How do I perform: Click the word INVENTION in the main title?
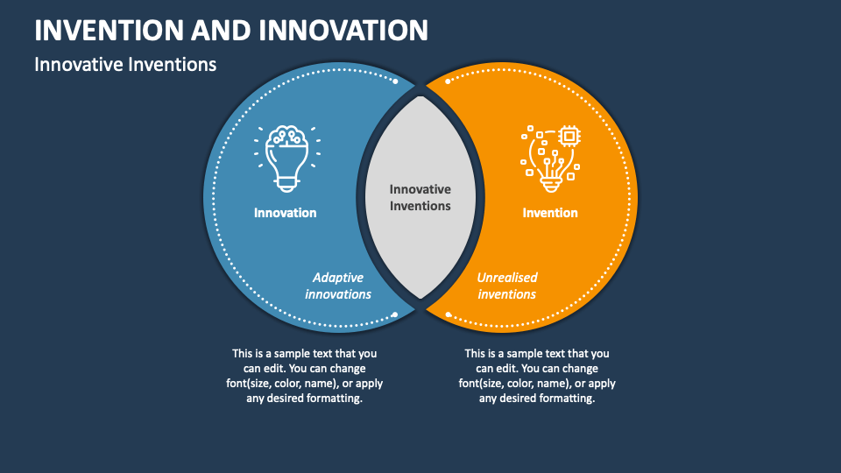(x=110, y=30)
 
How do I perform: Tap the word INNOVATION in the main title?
(x=343, y=30)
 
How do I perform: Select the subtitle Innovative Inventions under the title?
(x=125, y=64)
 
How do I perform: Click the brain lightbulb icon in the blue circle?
(x=287, y=159)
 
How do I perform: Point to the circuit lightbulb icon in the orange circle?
(x=551, y=159)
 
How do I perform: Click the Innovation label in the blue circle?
(x=286, y=213)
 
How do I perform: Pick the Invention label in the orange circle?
(x=550, y=213)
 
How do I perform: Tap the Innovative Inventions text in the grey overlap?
(x=420, y=197)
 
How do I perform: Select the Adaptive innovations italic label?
(x=338, y=286)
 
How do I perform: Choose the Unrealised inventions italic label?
(x=507, y=286)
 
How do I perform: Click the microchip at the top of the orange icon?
(x=569, y=137)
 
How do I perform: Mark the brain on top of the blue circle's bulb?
(x=287, y=137)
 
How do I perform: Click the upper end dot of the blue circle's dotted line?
(x=395, y=81)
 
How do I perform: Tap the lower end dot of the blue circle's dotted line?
(x=395, y=314)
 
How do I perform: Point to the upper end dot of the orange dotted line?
(x=448, y=81)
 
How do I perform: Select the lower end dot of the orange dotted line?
(x=449, y=314)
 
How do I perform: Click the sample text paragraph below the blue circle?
(x=305, y=376)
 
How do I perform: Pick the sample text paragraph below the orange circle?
(x=537, y=376)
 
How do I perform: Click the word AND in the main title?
(x=222, y=30)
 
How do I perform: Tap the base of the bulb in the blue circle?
(x=287, y=185)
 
